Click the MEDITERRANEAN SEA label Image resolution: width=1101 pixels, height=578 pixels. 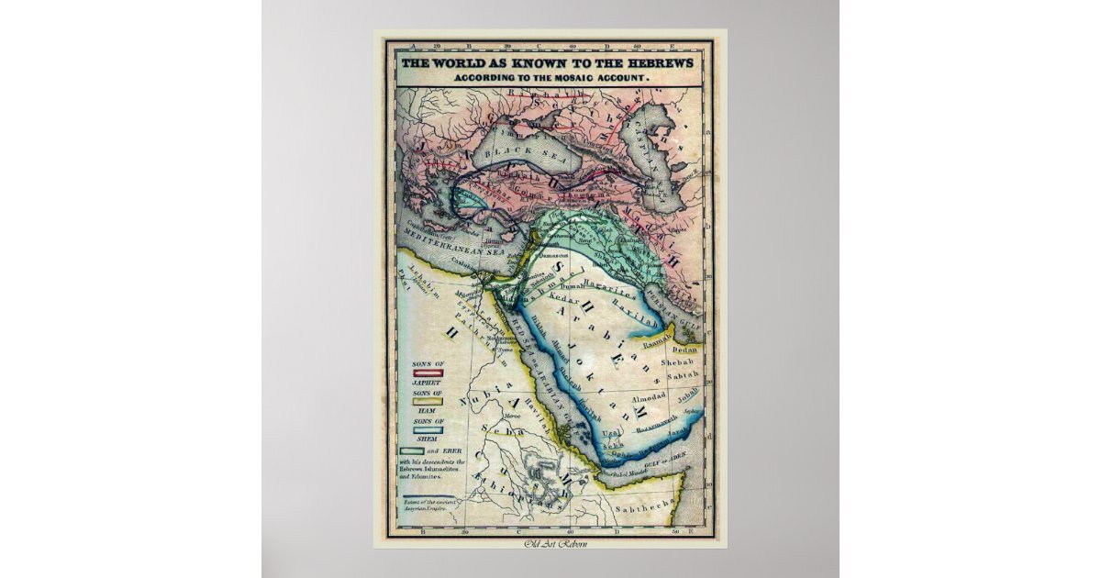[x=443, y=246]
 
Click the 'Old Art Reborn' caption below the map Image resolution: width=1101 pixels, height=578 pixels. [x=550, y=546]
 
